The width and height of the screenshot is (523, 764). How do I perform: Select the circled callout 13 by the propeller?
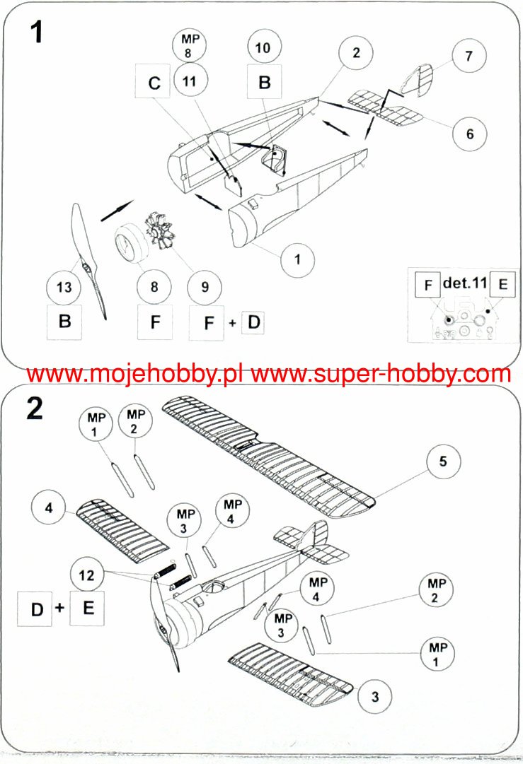pyautogui.click(x=64, y=287)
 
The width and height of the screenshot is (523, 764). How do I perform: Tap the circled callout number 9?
pyautogui.click(x=205, y=287)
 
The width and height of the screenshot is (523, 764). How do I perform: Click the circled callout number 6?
pyautogui.click(x=470, y=134)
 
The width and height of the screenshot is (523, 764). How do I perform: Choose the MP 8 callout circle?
pyautogui.click(x=189, y=45)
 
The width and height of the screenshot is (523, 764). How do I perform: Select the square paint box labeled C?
pyautogui.click(x=154, y=83)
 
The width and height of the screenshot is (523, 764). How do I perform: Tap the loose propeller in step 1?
pyautogui.click(x=89, y=258)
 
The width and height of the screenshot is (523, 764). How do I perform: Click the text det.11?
pyautogui.click(x=465, y=283)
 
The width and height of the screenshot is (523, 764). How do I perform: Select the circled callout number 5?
pyautogui.click(x=443, y=462)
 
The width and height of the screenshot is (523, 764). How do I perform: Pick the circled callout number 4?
pyautogui.click(x=49, y=508)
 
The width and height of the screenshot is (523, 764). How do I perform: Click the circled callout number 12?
pyautogui.click(x=86, y=576)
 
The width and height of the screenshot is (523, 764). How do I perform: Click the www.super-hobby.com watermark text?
pyautogui.click(x=380, y=374)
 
